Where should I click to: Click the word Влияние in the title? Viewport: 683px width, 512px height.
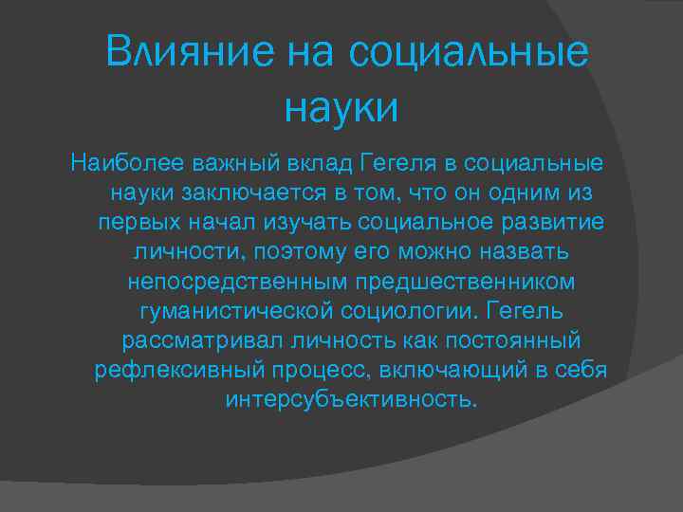pos(187,51)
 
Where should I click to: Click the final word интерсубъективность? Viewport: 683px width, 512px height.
pos(347,400)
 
